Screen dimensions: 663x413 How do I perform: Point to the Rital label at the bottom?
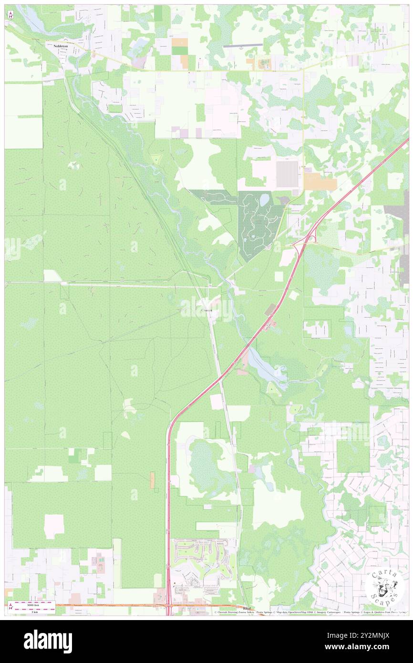coord(246,609)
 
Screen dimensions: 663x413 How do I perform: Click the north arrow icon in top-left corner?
coord(10,15)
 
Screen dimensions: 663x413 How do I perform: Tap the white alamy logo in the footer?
coord(48,641)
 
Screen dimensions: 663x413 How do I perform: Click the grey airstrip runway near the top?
coord(243,46)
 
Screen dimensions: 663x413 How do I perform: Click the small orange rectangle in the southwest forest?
coord(152,480)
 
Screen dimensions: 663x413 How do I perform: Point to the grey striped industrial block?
coord(287,175)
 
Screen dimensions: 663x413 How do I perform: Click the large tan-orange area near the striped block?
coord(320,181)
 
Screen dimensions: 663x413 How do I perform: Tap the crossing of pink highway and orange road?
coord(168,606)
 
